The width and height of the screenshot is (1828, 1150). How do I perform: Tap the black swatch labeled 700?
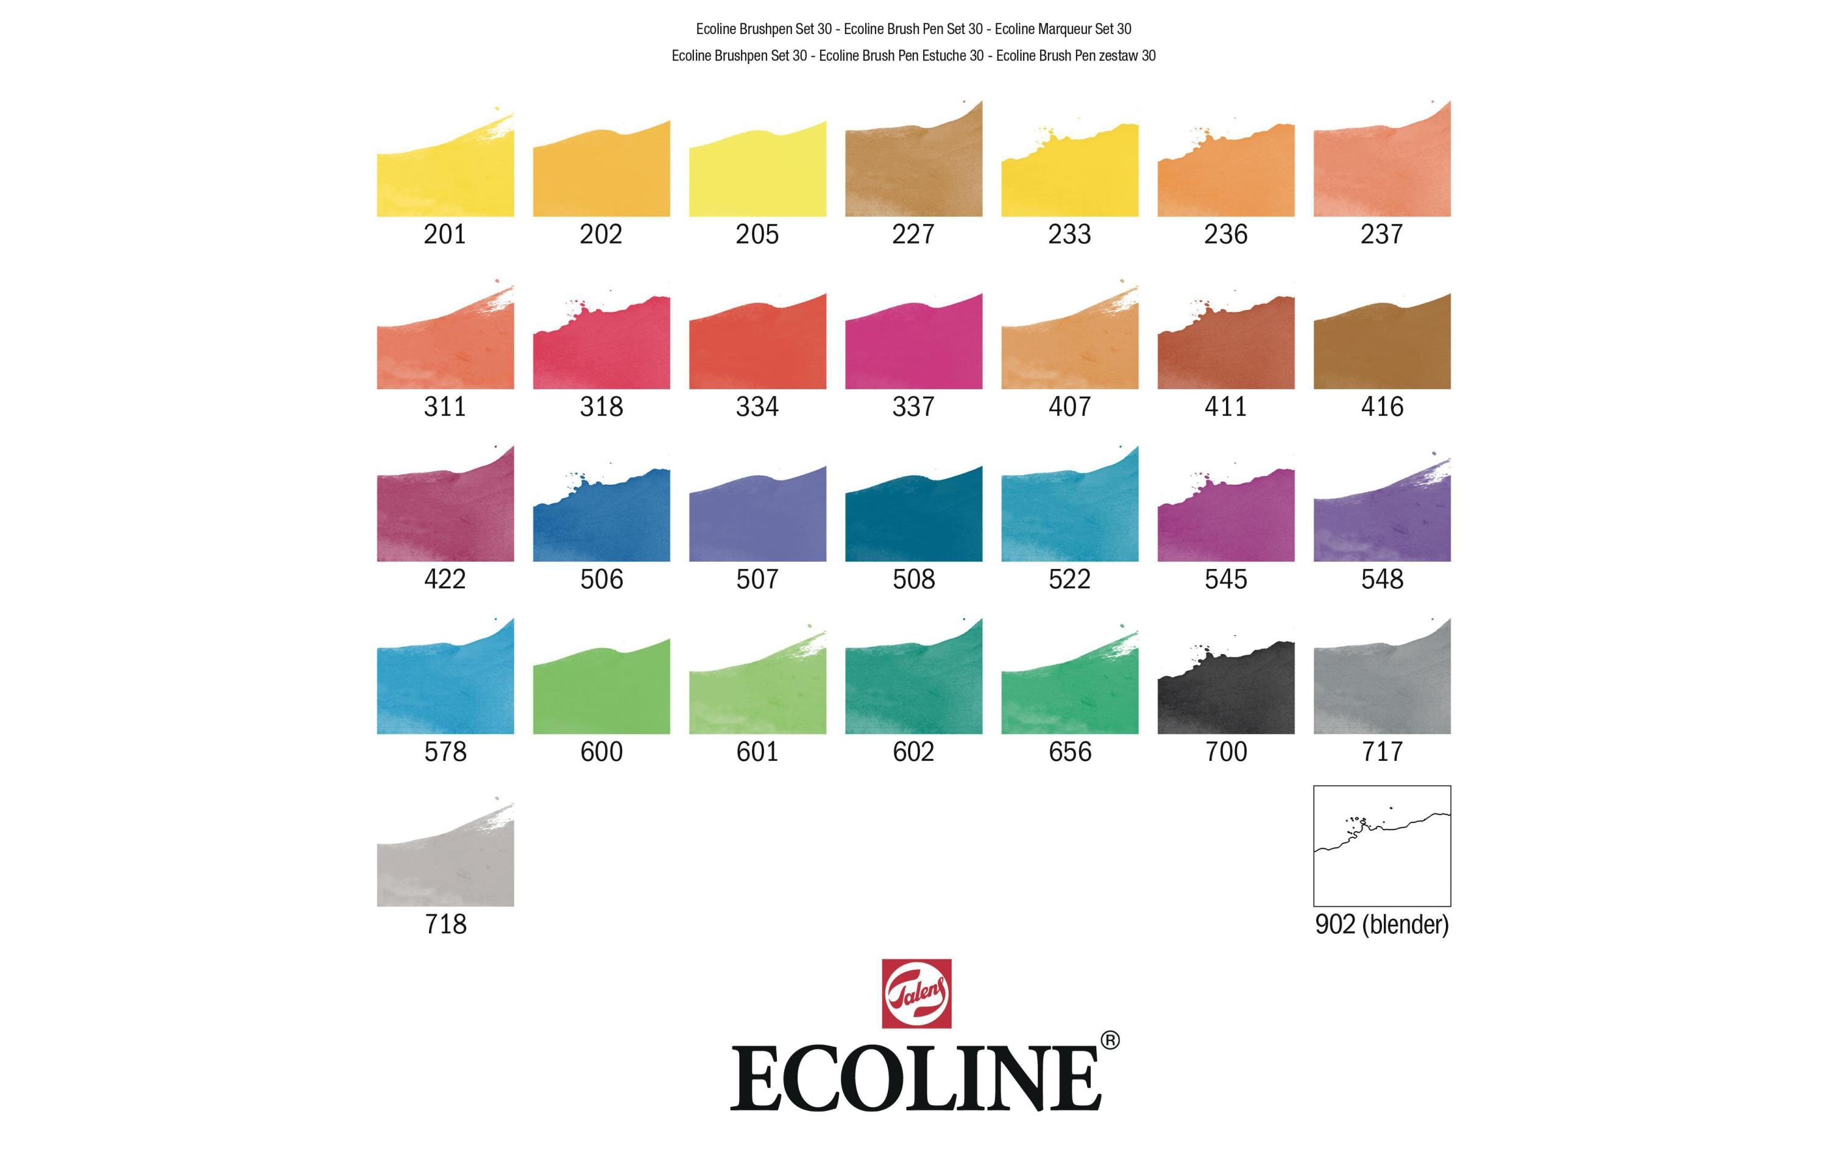pyautogui.click(x=1225, y=694)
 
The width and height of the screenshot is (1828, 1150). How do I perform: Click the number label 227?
pyautogui.click(x=913, y=234)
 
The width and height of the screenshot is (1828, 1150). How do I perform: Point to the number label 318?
pyautogui.click(x=601, y=407)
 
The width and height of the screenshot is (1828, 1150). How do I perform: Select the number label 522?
pyautogui.click(x=1069, y=579)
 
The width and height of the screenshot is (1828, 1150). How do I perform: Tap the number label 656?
pyautogui.click(x=1069, y=752)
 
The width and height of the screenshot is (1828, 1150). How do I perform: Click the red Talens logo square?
pyautogui.click(x=916, y=993)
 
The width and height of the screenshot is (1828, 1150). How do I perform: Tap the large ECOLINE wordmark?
pyautogui.click(x=915, y=1078)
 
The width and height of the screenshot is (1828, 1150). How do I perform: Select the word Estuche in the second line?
pyautogui.click(x=944, y=55)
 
